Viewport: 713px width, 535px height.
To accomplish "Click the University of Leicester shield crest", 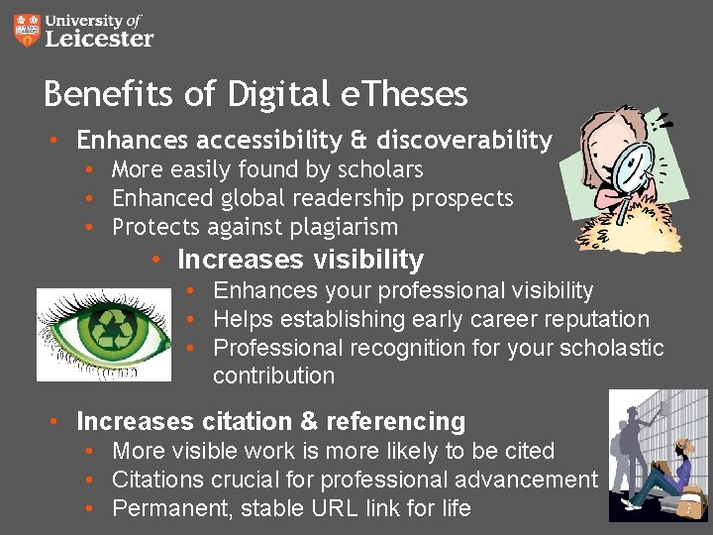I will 29,31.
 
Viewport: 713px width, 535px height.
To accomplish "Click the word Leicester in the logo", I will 100,40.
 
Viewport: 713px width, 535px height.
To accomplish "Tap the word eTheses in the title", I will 403,94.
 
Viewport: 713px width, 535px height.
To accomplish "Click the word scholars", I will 378,169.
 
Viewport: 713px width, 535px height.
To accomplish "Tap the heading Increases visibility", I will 300,260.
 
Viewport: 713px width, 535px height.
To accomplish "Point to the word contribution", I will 273,376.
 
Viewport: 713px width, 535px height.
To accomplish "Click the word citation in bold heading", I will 245,421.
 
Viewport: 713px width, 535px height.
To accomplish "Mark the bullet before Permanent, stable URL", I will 91,509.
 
